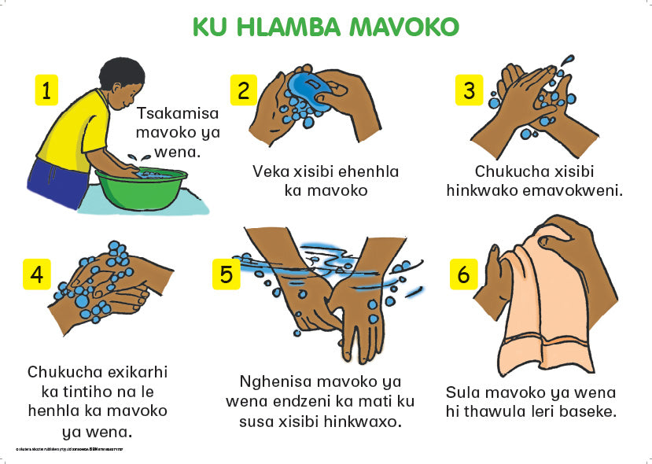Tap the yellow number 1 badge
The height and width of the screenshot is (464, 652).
[46, 90]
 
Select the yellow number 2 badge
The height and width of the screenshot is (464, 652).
[242, 90]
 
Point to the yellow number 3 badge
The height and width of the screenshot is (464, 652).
[469, 90]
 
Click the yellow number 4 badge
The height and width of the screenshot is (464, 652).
[36, 274]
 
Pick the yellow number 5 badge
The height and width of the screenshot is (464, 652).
[226, 274]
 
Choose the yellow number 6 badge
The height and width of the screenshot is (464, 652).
[463, 274]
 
